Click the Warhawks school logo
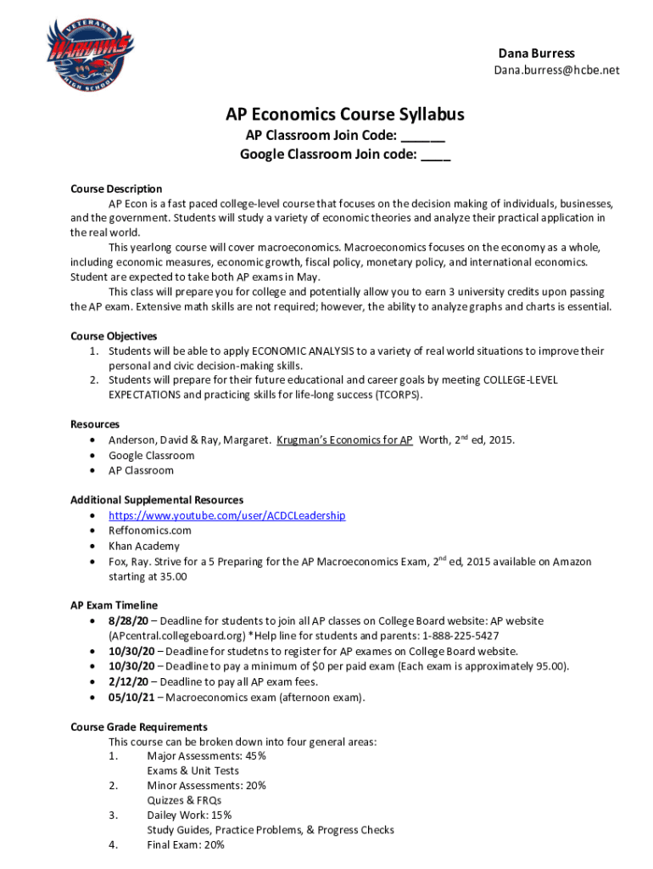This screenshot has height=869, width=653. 89,53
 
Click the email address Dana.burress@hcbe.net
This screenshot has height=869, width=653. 556,70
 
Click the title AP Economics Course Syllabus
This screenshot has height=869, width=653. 344,115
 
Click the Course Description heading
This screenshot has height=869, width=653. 116,188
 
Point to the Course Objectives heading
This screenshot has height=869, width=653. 114,336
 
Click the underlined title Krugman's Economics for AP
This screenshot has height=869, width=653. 344,440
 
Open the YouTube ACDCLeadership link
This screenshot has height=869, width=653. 226,515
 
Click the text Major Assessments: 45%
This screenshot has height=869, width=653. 206,755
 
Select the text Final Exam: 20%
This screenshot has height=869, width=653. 186,845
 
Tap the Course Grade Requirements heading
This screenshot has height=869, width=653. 139,726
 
